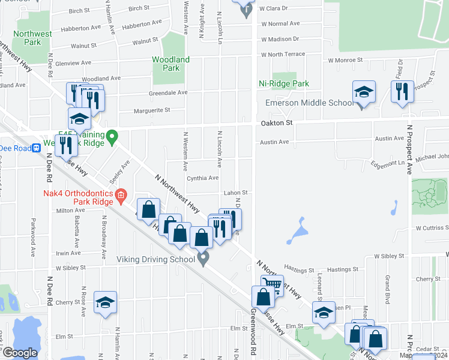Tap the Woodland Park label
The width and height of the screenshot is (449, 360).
[x=170, y=64]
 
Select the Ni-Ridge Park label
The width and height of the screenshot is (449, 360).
[x=283, y=84]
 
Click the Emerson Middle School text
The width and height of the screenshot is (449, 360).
[x=310, y=103]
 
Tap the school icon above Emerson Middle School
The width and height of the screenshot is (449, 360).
[x=364, y=92]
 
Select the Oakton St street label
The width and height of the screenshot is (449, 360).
[x=276, y=122]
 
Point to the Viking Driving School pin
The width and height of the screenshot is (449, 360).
[x=203, y=259]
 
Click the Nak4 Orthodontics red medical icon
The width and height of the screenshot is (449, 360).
[x=121, y=194]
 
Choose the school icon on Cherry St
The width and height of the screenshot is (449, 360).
[x=105, y=303]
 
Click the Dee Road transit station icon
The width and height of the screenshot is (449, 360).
[x=37, y=148]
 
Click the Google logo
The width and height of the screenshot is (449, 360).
[x=20, y=353]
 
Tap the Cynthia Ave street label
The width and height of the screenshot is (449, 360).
[x=202, y=178]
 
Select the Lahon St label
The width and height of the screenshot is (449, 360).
[x=236, y=193]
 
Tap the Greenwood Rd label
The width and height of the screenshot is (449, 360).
[x=254, y=324]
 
